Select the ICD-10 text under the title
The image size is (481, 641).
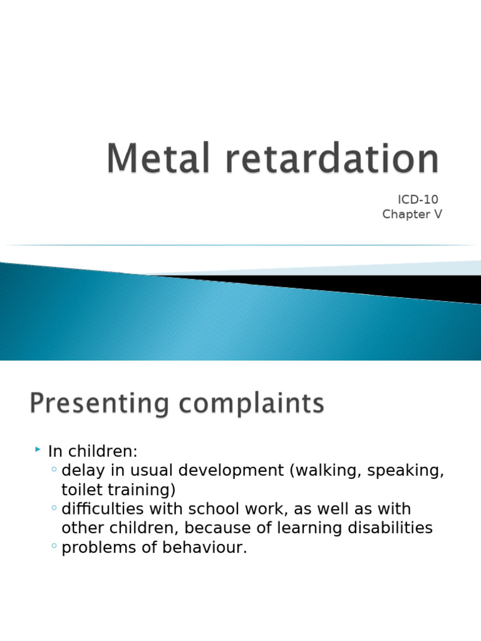pyautogui.click(x=418, y=200)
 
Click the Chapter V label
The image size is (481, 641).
pyautogui.click(x=412, y=215)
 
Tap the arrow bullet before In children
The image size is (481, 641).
pyautogui.click(x=38, y=450)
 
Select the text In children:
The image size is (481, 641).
pyautogui.click(x=92, y=451)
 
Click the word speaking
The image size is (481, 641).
pyautogui.click(x=405, y=471)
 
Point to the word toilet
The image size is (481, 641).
pyautogui.click(x=81, y=489)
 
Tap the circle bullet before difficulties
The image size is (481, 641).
pyautogui.click(x=54, y=509)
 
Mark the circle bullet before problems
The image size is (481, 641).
pyautogui.click(x=54, y=548)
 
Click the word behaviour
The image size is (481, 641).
pyautogui.click(x=206, y=548)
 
